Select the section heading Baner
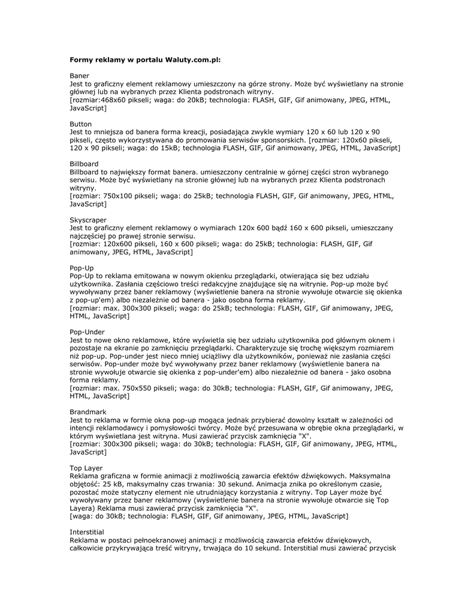tap(80, 76)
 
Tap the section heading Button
tap(81, 124)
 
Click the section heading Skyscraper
tap(88, 220)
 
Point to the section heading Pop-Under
tap(87, 332)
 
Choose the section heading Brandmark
tap(88, 412)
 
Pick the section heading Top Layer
tap(86, 468)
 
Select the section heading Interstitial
tap(87, 532)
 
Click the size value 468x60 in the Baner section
tap(113, 100)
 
